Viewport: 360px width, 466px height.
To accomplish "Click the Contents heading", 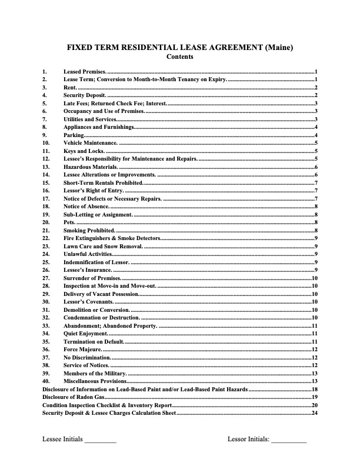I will (x=179, y=57).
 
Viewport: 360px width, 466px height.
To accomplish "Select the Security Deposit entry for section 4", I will (x=85, y=95).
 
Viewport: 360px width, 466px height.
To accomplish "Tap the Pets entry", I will (x=69, y=222).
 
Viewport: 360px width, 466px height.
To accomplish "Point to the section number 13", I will (x=45, y=167).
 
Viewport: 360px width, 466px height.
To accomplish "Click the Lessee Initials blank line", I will (x=100, y=440).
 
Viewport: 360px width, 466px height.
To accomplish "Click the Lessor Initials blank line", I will (x=289, y=440).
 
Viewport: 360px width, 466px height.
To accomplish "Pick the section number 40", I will (x=45, y=381).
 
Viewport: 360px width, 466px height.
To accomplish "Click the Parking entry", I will (x=74, y=135).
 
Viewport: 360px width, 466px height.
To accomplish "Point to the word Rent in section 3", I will (x=69, y=87).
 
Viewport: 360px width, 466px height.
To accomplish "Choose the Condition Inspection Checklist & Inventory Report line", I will (x=106, y=405).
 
